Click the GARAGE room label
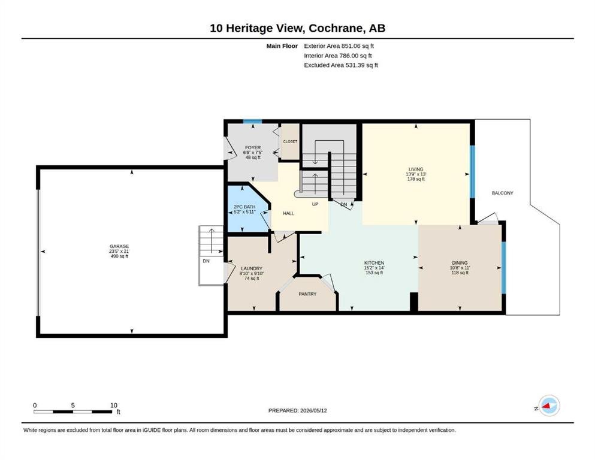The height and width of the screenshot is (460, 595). click(x=119, y=246)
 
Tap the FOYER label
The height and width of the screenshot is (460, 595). click(x=253, y=147)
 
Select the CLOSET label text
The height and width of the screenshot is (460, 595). click(x=290, y=141)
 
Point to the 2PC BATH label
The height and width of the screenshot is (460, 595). click(x=244, y=207)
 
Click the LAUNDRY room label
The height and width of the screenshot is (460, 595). click(x=252, y=268)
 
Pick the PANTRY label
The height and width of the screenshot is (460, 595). click(x=307, y=294)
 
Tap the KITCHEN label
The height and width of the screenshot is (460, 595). click(x=374, y=263)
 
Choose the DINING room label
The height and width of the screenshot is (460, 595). click(x=460, y=263)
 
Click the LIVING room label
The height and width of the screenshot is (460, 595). click(x=416, y=169)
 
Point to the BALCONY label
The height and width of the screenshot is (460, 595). click(x=502, y=193)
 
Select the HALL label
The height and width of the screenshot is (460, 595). click(x=288, y=213)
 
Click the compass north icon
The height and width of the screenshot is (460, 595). click(x=549, y=405)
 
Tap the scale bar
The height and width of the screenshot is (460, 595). click(x=73, y=411)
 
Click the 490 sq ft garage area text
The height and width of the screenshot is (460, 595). click(x=119, y=256)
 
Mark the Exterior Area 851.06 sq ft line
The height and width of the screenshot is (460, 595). click(x=339, y=46)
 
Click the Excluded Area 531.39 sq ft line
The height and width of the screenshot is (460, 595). click(x=341, y=65)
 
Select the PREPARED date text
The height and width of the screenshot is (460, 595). click(x=297, y=410)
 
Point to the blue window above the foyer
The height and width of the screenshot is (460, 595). click(x=252, y=122)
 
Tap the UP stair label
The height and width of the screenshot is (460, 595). click(x=315, y=204)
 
